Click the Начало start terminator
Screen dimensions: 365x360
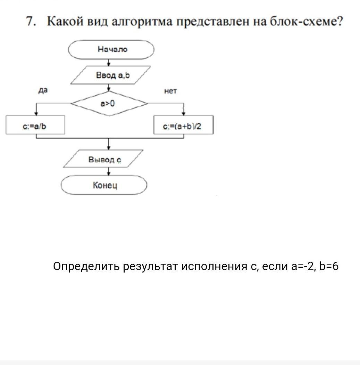click(x=111, y=50)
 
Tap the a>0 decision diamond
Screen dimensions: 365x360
click(x=109, y=103)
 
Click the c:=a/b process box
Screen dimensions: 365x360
click(x=35, y=125)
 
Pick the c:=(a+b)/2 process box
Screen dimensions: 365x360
click(x=183, y=125)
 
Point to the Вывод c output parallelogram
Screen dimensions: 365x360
click(x=104, y=159)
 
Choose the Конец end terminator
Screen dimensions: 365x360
click(x=104, y=185)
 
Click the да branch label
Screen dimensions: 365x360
click(x=43, y=90)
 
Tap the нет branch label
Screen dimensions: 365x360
click(x=170, y=91)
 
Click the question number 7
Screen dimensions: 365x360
click(x=31, y=22)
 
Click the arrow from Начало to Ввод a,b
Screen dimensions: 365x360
click(x=109, y=63)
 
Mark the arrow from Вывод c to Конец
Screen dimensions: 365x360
click(x=109, y=171)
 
